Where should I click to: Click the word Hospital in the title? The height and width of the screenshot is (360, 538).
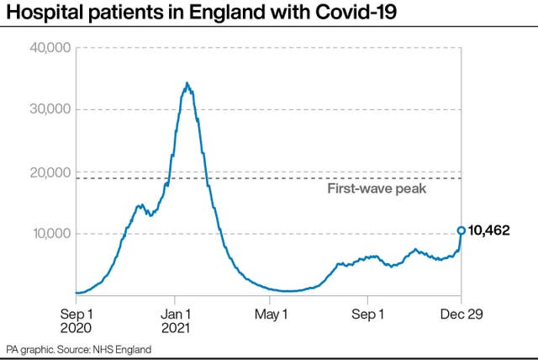coord(43,13)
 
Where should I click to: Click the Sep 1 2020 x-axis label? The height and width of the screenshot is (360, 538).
coord(76,320)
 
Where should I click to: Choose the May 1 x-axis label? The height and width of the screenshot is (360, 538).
coord(271,313)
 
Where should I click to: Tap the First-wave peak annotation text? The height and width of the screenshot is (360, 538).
coord(377,189)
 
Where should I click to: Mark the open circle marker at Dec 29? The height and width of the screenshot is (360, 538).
coord(461,230)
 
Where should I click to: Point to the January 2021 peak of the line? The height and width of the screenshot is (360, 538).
coord(187,82)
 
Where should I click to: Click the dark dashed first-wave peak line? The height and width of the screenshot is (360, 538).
coord(252,178)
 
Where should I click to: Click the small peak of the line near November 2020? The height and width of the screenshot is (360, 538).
coord(140,204)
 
